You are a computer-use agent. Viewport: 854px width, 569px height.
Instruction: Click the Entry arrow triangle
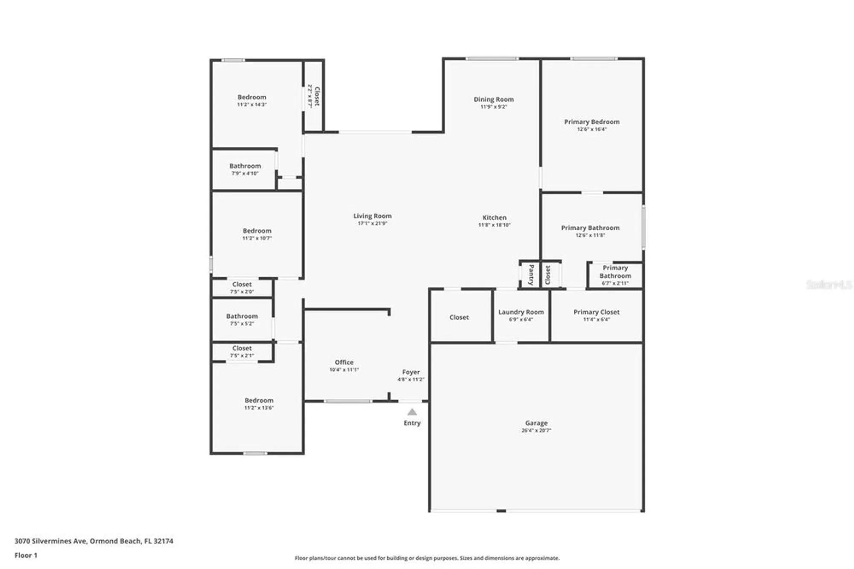coord(412,412)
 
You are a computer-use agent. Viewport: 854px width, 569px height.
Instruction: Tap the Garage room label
coord(536,423)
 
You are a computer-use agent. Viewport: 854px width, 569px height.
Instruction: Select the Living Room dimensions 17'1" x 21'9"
coord(372,223)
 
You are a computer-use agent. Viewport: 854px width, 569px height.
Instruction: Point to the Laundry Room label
coord(521,312)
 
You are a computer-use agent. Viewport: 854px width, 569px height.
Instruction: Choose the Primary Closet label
coord(596,312)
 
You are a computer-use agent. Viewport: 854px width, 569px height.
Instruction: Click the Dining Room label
coord(494,100)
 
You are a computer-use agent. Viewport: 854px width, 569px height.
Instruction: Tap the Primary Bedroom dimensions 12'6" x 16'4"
coord(592,129)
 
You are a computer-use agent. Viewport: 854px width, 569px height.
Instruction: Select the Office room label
coord(344,362)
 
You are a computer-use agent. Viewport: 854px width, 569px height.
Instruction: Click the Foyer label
coord(411,372)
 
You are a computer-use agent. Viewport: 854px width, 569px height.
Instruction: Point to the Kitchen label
coord(494,217)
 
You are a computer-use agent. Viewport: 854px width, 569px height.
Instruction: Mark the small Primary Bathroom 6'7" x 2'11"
coord(615,275)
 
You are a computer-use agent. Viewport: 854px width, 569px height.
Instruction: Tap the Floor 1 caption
coord(26,555)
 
